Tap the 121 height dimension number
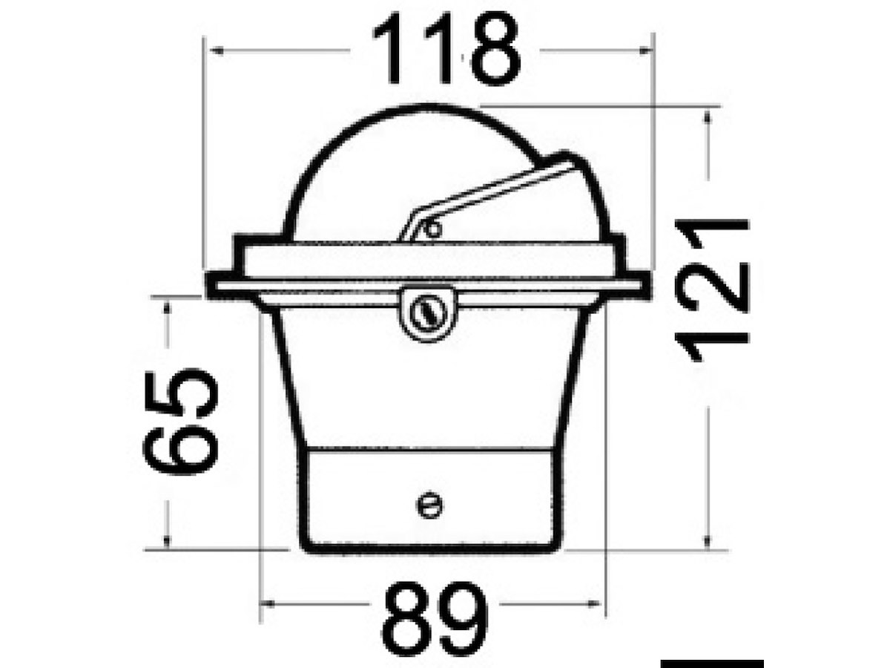pyautogui.click(x=711, y=290)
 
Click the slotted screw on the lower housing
pyautogui.click(x=429, y=505)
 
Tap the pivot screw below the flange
pyautogui.click(x=429, y=313)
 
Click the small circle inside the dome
pyautogui.click(x=433, y=229)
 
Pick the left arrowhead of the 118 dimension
pyautogui.click(x=217, y=50)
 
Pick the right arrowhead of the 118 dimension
pyautogui.click(x=645, y=50)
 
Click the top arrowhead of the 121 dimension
pyautogui.click(x=708, y=117)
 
